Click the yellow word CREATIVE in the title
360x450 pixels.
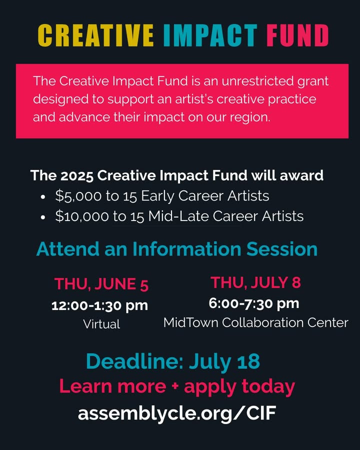point(95,35)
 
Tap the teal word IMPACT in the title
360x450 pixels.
point(210,35)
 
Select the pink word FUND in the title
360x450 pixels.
point(297,35)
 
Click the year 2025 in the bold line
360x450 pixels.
point(76,175)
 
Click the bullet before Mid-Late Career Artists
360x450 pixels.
point(43,217)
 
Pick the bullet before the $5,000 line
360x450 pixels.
point(43,197)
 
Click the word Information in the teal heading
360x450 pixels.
point(186,249)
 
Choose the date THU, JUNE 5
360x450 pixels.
point(101,284)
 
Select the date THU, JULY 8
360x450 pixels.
point(255,282)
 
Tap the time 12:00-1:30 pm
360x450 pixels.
point(99,305)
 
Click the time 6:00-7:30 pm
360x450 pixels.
point(254,303)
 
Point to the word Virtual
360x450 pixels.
point(101,324)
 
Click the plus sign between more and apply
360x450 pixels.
point(175,386)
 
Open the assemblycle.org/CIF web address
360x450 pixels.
point(177,413)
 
